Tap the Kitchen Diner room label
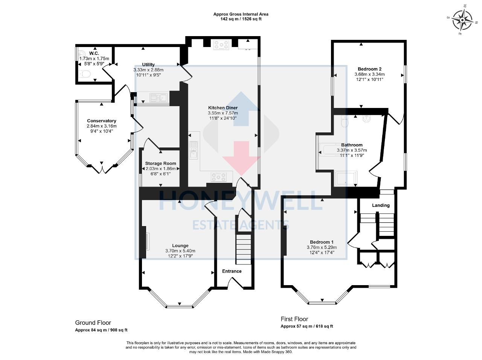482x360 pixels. (x=223, y=108)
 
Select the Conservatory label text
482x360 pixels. (x=102, y=121)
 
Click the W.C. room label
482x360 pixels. (x=94, y=53)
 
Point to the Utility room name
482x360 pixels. (x=148, y=65)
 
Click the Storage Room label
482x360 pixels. (x=161, y=163)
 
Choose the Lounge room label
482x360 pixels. (x=180, y=246)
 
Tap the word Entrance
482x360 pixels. (x=232, y=271)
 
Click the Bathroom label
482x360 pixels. (x=352, y=145)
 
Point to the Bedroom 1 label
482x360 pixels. (x=322, y=242)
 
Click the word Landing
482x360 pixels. (x=381, y=205)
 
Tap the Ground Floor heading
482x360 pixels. (x=93, y=322)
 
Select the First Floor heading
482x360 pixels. (x=294, y=319)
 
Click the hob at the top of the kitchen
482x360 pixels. (x=221, y=45)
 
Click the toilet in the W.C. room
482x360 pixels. (x=85, y=74)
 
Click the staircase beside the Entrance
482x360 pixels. (x=243, y=249)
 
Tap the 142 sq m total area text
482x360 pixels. (x=241, y=19)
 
